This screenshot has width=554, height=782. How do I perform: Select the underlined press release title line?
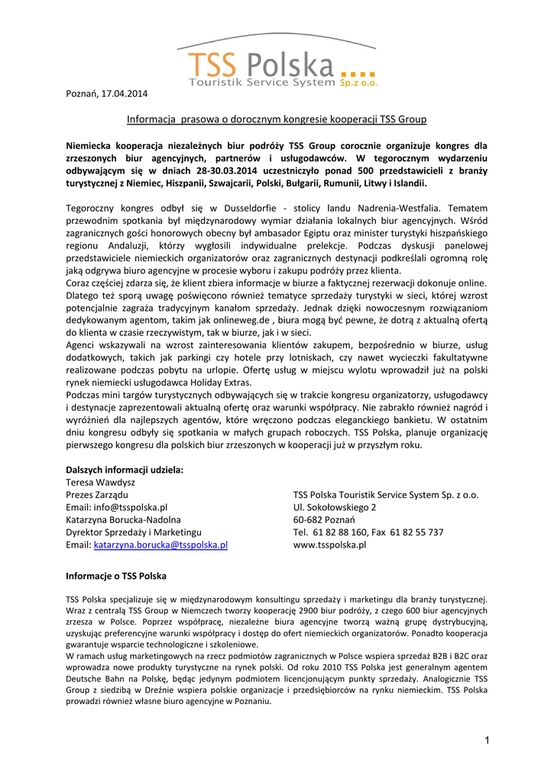click(276, 119)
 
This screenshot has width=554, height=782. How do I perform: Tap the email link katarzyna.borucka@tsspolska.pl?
click(160, 545)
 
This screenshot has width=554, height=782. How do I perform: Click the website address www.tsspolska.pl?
click(330, 545)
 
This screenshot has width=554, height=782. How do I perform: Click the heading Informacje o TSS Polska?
click(116, 575)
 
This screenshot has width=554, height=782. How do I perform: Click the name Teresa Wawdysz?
click(101, 483)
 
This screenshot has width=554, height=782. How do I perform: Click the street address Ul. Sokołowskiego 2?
click(335, 507)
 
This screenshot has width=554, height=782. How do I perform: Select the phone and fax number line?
click(368, 532)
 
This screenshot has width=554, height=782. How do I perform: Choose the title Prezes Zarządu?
click(97, 495)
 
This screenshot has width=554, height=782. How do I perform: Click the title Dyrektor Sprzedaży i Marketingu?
click(134, 532)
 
